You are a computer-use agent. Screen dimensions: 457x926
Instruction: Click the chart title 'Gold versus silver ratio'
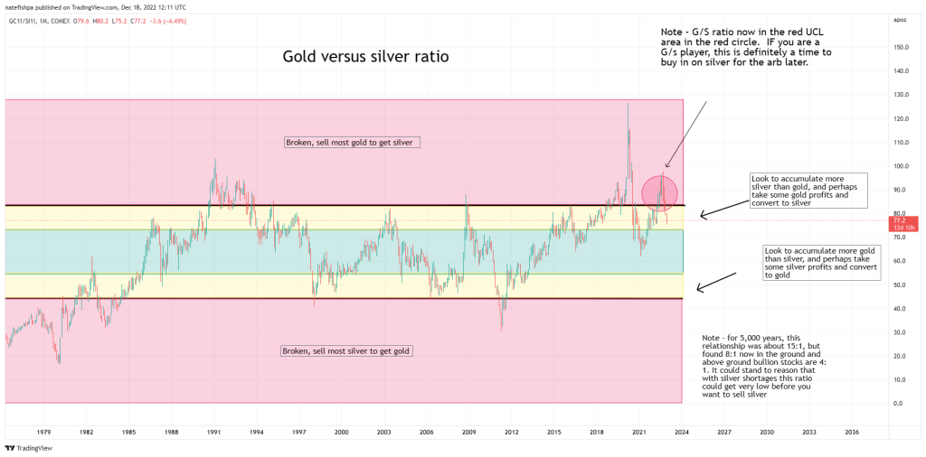[x=365, y=57]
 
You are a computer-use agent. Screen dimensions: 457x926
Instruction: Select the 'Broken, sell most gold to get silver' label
[x=353, y=143]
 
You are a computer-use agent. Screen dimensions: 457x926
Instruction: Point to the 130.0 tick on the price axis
[x=898, y=95]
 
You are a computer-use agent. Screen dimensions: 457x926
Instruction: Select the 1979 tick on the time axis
[x=43, y=433]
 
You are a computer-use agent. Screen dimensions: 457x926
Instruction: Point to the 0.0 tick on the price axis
[x=895, y=403]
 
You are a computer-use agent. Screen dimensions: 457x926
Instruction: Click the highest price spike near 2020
[x=628, y=104]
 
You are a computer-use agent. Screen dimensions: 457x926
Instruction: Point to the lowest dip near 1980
[x=60, y=362]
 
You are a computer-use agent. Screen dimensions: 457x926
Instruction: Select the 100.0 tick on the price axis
[x=898, y=166]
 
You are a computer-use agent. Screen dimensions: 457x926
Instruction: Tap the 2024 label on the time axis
[x=681, y=433]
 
